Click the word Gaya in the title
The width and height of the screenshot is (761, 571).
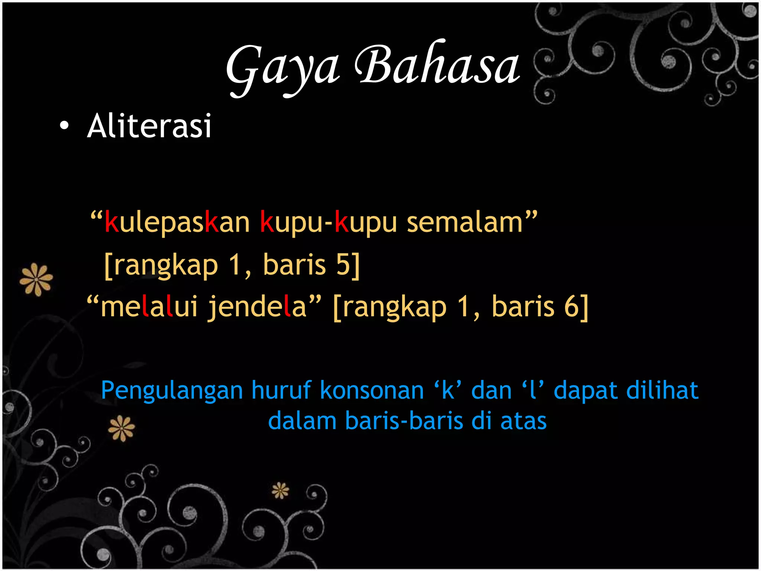(x=282, y=69)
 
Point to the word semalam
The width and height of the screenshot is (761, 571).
(x=464, y=222)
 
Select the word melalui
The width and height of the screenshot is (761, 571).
(x=149, y=307)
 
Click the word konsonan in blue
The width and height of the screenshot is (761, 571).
(x=372, y=390)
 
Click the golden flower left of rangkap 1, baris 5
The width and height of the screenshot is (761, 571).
(x=36, y=279)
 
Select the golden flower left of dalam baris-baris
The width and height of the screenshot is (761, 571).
(x=122, y=428)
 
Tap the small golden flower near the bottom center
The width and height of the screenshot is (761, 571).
(x=280, y=491)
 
